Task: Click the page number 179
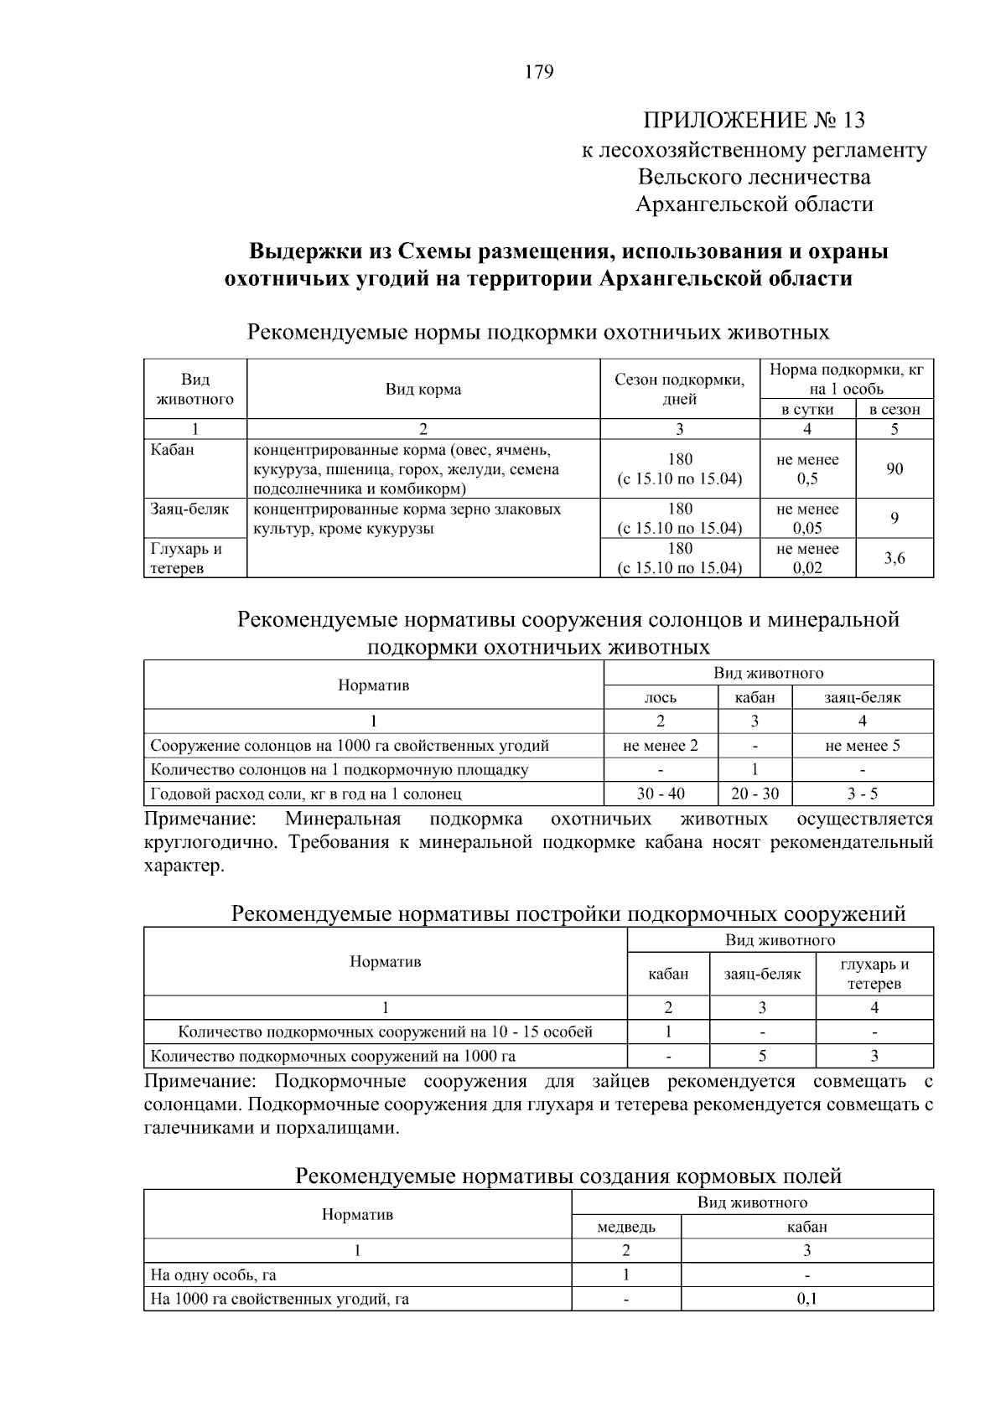539,72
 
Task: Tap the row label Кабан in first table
173,450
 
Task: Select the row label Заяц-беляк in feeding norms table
189,509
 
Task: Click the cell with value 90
895,468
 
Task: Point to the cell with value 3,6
895,558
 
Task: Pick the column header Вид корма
423,390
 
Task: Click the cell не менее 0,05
807,519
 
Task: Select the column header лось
661,697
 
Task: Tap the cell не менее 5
862,746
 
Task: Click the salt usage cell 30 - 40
661,794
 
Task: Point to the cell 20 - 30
754,794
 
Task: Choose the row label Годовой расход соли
306,794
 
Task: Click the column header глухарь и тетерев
874,974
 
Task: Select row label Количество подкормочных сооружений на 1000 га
333,1056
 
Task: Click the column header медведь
626,1227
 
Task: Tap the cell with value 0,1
806,1299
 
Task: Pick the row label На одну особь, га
213,1275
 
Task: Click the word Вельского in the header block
692,178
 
